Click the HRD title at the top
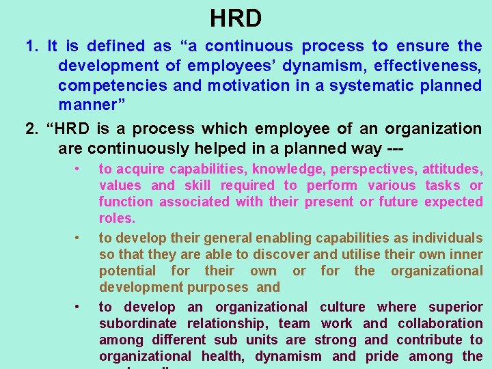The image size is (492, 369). pos(236,18)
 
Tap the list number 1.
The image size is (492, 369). pos(31,46)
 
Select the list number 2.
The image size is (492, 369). pos(31,129)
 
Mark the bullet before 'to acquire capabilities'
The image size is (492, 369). pos(79,169)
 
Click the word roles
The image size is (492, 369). pos(117,219)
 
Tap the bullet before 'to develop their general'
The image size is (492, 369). pos(79,238)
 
